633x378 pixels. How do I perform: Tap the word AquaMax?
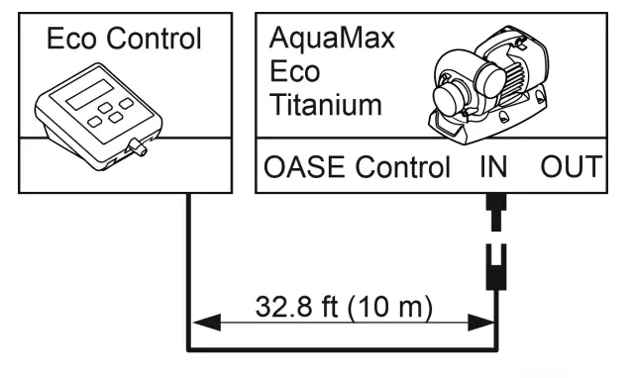click(318, 41)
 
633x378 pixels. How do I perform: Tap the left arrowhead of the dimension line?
click(201, 322)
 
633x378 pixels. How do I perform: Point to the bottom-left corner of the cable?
click(188, 346)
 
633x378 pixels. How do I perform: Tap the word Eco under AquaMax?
click(292, 72)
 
